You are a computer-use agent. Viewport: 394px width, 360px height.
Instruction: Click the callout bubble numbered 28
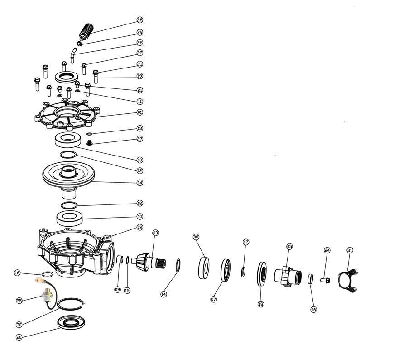(139, 20)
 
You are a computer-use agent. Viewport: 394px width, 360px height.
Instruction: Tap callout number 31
(349, 250)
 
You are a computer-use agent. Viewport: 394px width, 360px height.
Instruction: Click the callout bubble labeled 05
(289, 246)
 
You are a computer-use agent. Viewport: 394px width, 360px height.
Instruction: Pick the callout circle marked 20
(19, 337)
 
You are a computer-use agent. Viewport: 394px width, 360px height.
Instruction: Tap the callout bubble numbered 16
(17, 273)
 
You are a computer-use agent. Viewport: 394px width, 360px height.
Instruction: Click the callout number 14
(163, 294)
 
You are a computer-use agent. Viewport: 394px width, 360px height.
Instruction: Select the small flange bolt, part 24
(325, 280)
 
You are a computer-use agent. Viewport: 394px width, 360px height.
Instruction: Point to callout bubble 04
(139, 183)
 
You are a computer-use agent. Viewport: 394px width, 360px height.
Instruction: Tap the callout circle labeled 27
(139, 139)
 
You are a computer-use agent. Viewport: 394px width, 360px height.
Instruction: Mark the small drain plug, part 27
(90, 143)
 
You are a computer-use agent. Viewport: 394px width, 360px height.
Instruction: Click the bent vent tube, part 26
(72, 56)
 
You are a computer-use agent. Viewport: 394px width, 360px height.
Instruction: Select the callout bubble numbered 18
(260, 304)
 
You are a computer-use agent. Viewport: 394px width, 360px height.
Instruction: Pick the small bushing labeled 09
(120, 261)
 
